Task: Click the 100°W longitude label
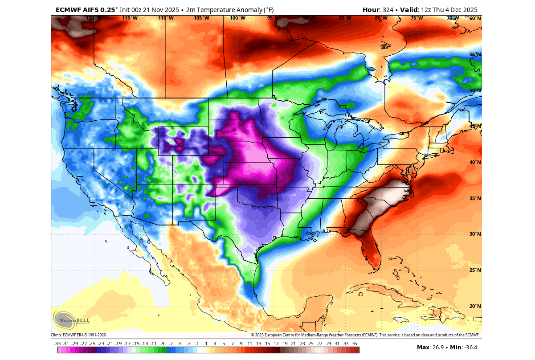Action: click(237, 18)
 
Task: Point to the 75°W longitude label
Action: click(417, 18)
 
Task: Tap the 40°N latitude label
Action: click(475, 162)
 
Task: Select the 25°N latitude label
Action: click(475, 270)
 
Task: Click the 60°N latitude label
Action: click(475, 18)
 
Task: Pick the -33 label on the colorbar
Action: click(57, 344)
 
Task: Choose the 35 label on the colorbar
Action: click(355, 344)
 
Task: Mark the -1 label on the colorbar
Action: click(197, 344)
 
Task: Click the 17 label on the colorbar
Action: click(276, 344)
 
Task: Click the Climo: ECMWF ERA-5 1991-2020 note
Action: click(78, 335)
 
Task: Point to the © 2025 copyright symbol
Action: click(253, 335)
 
